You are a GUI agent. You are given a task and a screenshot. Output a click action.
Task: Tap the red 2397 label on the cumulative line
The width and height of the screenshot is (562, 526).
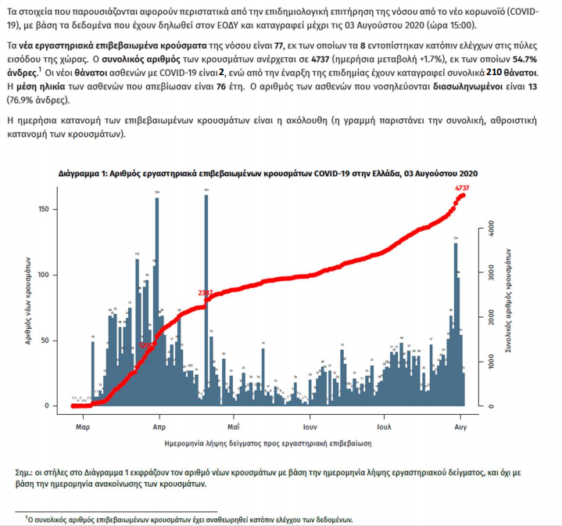coord(206,293)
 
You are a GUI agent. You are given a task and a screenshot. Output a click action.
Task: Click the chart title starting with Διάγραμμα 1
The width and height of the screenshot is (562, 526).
coord(267,174)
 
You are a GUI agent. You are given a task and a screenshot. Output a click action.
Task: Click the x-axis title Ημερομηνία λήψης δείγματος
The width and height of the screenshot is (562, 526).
coord(268,443)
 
